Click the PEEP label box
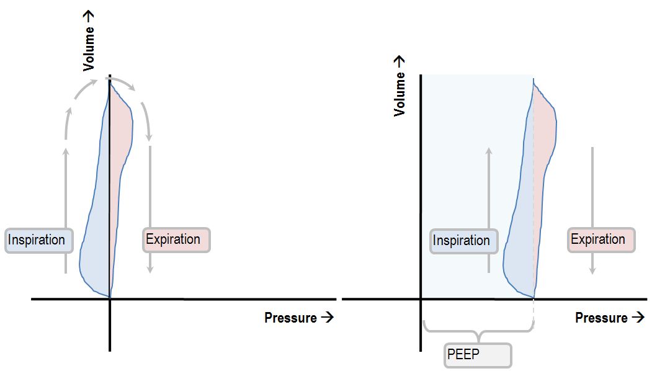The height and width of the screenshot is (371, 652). [x=478, y=355]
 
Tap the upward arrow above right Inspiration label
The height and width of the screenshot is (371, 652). [x=489, y=186]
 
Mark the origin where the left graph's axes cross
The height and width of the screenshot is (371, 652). [x=110, y=299]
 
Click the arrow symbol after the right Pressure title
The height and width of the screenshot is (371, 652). [x=637, y=318]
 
